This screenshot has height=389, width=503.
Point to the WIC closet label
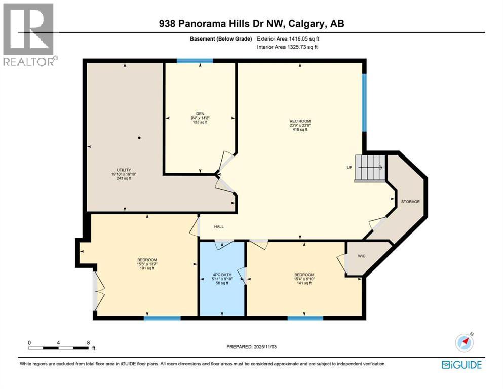click(361, 256)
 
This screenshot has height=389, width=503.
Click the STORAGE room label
click(410, 202)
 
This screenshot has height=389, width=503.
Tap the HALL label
click(218, 227)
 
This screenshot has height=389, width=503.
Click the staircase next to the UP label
click(370, 168)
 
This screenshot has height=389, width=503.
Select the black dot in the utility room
click(139, 138)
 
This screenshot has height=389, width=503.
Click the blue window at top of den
click(195, 61)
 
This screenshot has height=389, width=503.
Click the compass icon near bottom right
click(464, 343)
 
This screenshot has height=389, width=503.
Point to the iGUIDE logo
click(461, 364)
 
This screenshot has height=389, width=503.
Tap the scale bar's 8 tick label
click(88, 343)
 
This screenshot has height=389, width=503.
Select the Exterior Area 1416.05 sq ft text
click(288, 38)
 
